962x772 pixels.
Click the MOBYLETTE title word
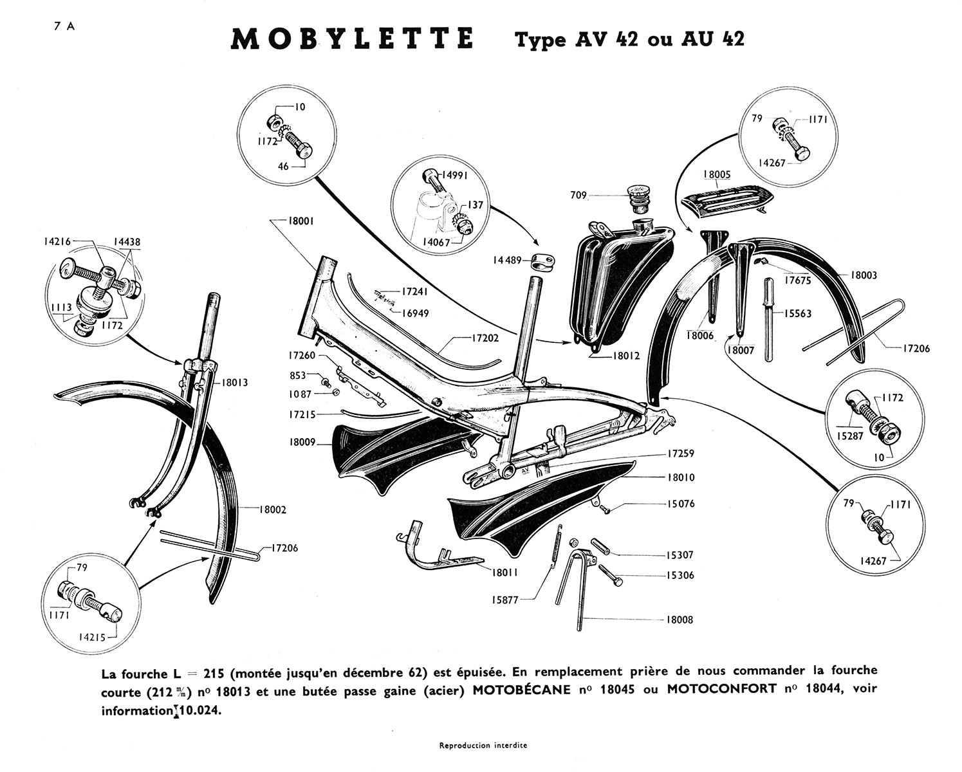[x=351, y=40]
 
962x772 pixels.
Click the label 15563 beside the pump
[x=798, y=313]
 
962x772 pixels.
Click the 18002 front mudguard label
[x=273, y=510]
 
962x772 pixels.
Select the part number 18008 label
[x=680, y=620]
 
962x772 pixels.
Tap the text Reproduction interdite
[x=483, y=746]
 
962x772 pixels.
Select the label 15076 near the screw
[x=681, y=504]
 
